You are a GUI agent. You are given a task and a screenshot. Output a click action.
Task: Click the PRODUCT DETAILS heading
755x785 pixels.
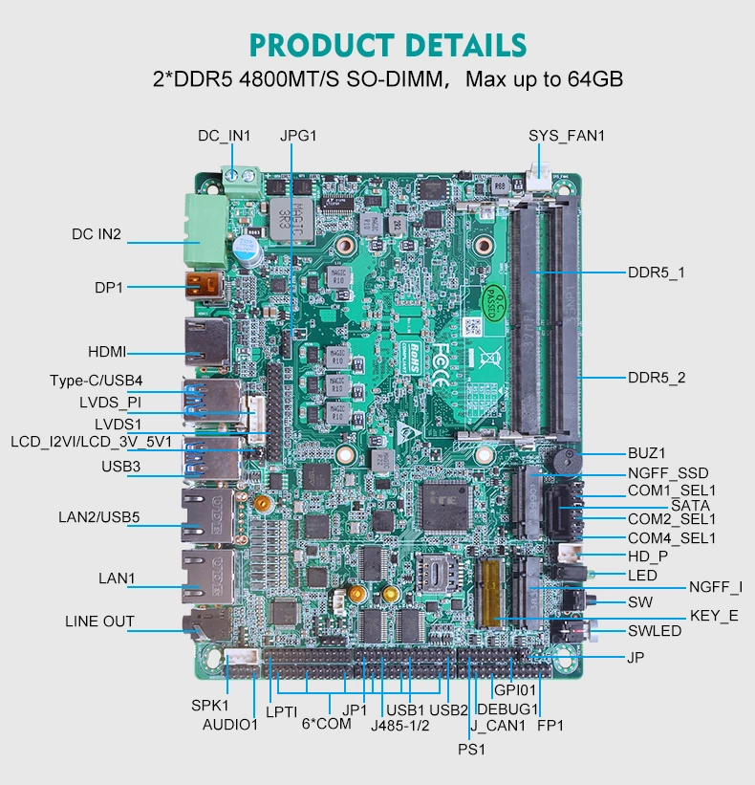pyautogui.click(x=387, y=45)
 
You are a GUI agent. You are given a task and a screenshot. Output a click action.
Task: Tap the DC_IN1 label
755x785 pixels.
pyautogui.click(x=225, y=136)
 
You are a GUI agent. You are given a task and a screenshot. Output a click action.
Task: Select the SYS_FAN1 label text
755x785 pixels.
pyautogui.click(x=567, y=136)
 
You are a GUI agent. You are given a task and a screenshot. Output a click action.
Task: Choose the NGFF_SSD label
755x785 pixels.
pyautogui.click(x=668, y=472)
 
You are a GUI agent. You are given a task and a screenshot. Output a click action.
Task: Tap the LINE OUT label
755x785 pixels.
pyautogui.click(x=99, y=621)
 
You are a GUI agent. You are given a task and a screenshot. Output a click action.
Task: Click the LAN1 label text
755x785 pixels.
pyautogui.click(x=118, y=578)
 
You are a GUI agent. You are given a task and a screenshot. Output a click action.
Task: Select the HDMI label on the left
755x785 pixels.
pyautogui.click(x=107, y=352)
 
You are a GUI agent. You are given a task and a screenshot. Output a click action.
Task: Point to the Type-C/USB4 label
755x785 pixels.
pyautogui.click(x=96, y=382)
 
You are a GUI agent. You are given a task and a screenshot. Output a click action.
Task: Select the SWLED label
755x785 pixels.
pyautogui.click(x=655, y=631)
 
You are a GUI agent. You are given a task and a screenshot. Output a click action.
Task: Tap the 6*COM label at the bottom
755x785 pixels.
pyautogui.click(x=327, y=725)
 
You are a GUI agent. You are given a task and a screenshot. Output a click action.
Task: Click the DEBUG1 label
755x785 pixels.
pyautogui.click(x=507, y=709)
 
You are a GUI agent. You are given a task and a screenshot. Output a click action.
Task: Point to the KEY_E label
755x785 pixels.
pyautogui.click(x=714, y=616)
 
